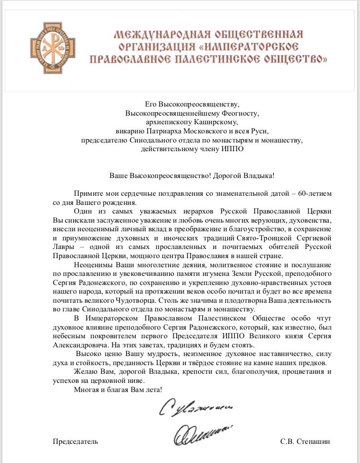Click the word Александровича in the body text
pos(78,345)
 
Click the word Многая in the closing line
pos(86,390)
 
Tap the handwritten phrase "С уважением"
pos(194,408)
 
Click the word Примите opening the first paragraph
pos(87,193)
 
